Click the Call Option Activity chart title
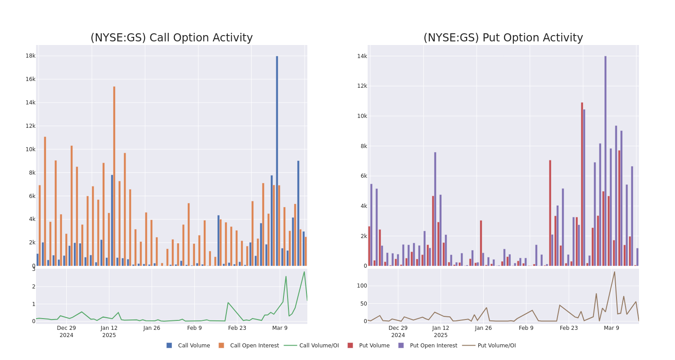[x=171, y=38]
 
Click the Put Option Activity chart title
[x=503, y=38]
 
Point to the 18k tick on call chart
[x=30, y=56]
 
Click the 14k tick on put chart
[x=362, y=56]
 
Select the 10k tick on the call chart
[x=30, y=149]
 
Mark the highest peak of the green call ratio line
[x=304, y=272]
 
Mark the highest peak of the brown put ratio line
[x=614, y=271]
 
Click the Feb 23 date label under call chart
[x=237, y=328]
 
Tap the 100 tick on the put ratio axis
[x=362, y=286]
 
